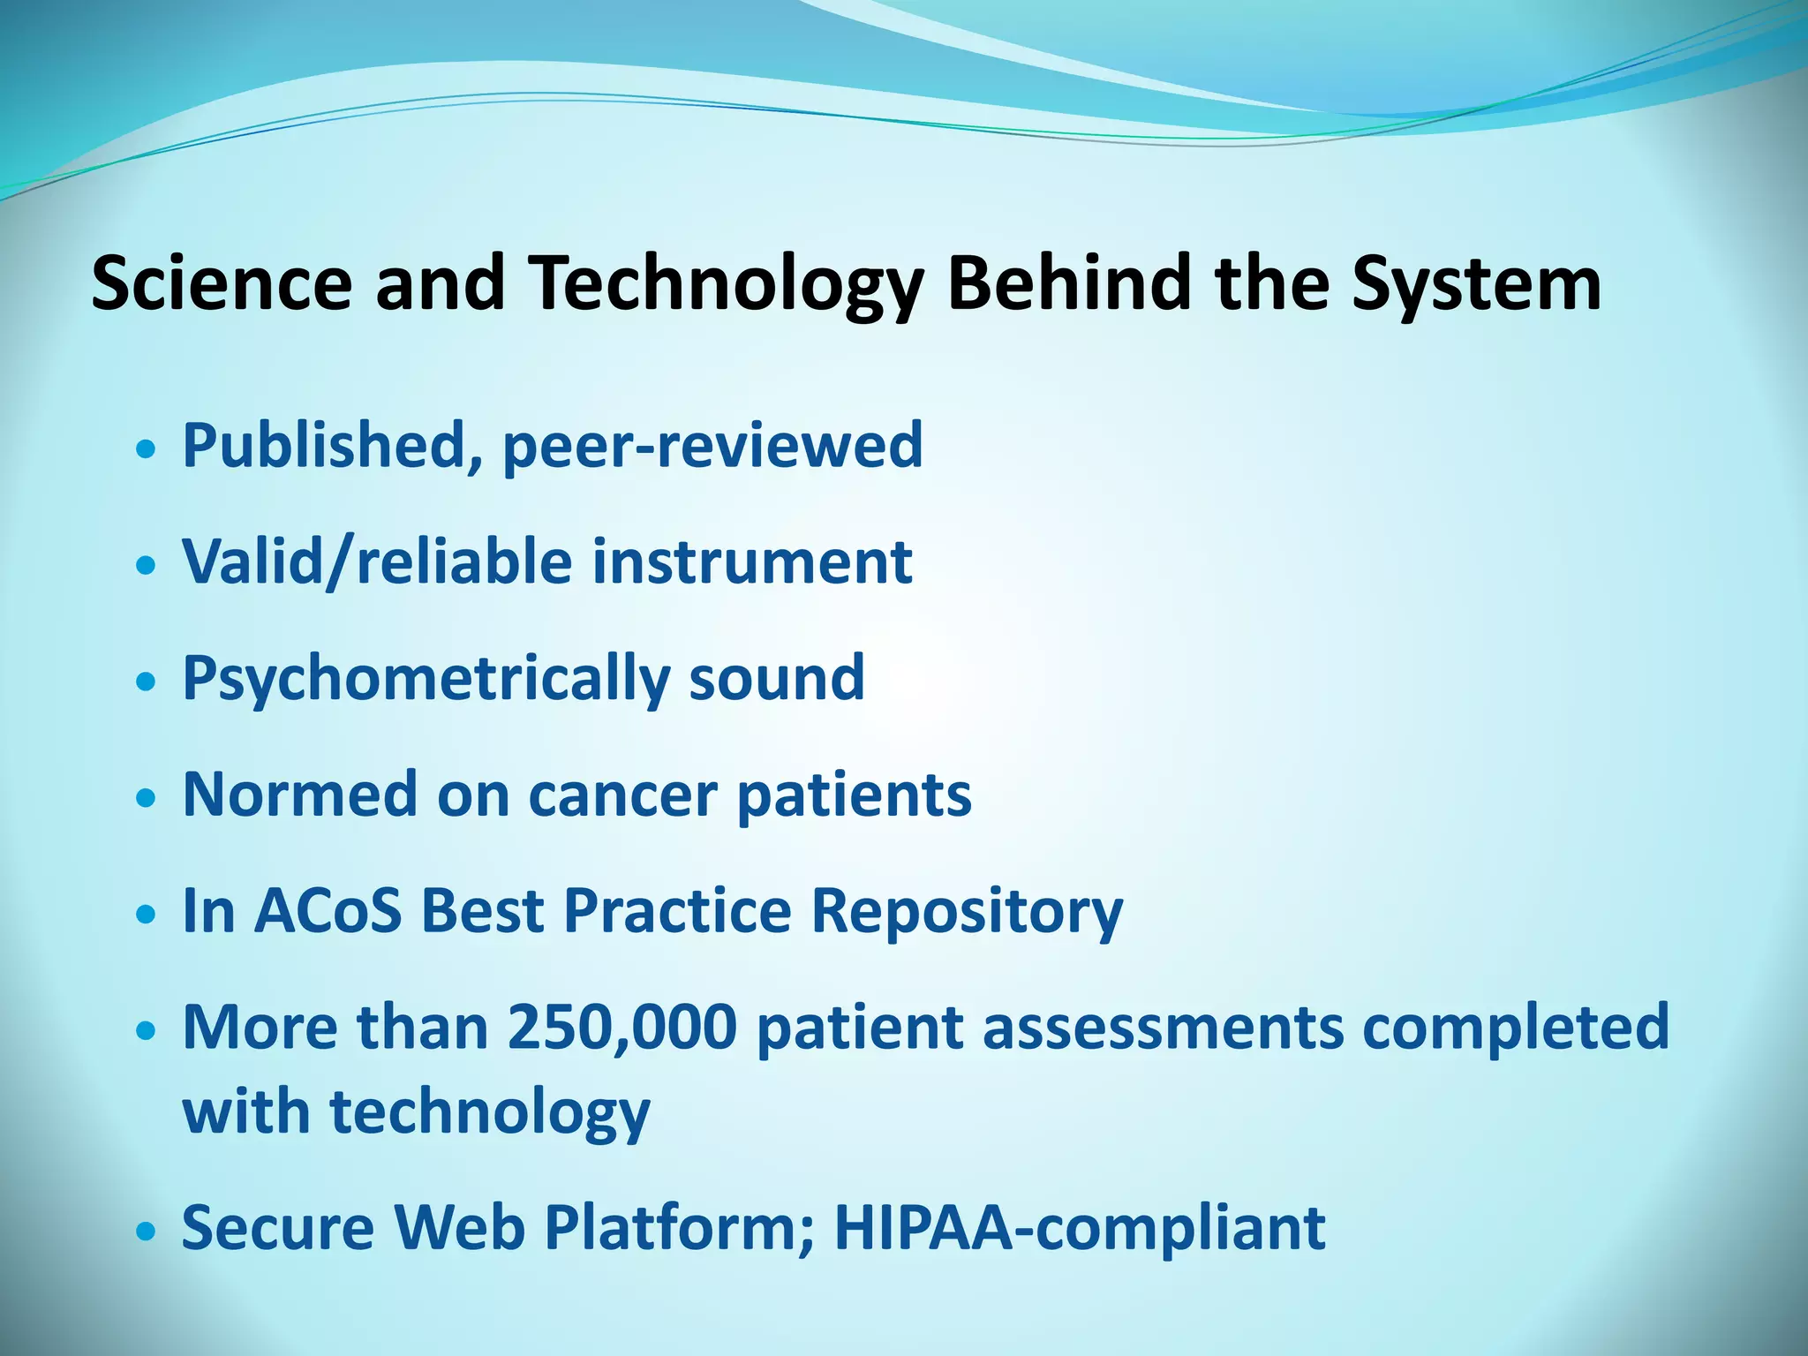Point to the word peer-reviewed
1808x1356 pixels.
pos(712,447)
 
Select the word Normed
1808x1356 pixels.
pos(299,795)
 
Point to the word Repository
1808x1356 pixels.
pos(967,911)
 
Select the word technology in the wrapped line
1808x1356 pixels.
pos(490,1112)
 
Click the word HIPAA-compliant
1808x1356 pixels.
pos(1079,1228)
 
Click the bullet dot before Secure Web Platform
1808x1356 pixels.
pos(147,1230)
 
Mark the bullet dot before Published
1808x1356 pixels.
pos(147,448)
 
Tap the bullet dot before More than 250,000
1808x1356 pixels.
pos(147,1029)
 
